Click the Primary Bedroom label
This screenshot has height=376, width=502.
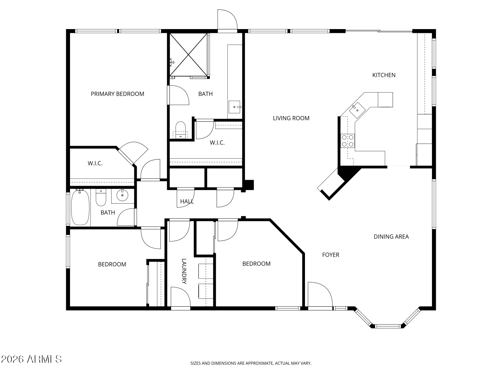117,94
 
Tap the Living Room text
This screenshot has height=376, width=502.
291,118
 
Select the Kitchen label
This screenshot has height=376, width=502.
384,75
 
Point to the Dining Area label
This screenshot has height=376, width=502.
391,237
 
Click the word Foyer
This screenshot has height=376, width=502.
331,255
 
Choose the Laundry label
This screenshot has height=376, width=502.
184,271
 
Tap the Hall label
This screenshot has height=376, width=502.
187,202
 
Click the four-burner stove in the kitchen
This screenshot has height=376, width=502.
348,140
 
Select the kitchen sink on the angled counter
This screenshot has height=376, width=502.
357,109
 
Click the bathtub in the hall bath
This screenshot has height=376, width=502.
80,208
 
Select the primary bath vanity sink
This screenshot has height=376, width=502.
234,107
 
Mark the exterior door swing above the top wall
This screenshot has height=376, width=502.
227,19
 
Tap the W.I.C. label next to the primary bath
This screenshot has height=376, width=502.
217,143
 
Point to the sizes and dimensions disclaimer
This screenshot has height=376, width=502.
251,363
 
